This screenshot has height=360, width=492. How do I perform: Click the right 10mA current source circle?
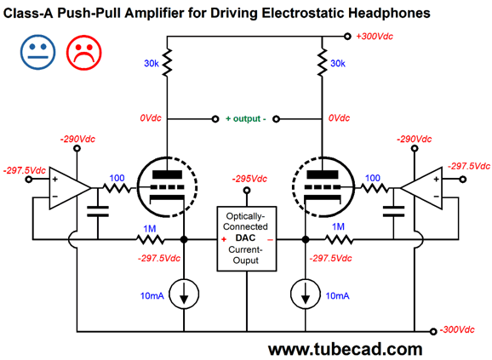coord(305,294)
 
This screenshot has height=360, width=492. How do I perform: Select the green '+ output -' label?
coord(245,118)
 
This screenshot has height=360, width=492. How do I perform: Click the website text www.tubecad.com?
coord(345,348)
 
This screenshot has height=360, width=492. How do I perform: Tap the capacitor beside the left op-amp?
coord(101,209)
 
